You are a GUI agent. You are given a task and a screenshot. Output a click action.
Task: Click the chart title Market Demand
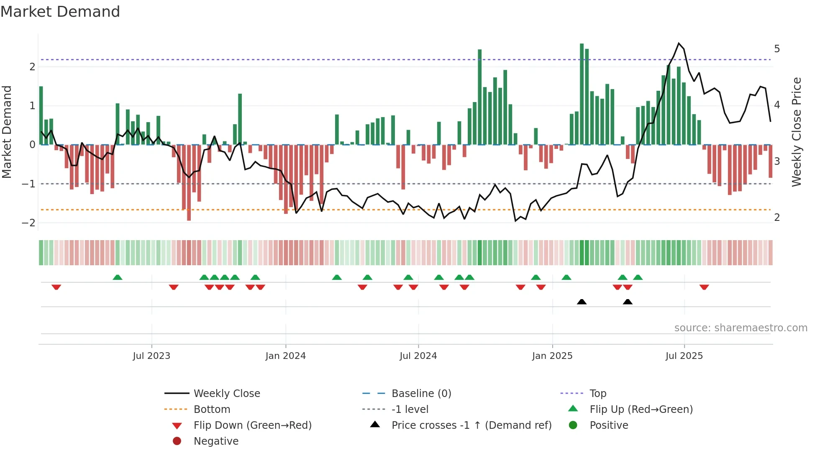(60, 12)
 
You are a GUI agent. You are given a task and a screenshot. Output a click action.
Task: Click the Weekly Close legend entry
(226, 393)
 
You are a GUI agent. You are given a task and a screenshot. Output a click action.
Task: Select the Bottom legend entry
(212, 409)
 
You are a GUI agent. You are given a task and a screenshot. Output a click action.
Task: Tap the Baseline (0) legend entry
(421, 393)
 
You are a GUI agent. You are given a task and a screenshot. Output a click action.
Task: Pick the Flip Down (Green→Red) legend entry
(252, 425)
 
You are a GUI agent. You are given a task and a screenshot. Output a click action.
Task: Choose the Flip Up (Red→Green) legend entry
(641, 409)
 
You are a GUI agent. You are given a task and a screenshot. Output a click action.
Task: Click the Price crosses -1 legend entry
(471, 425)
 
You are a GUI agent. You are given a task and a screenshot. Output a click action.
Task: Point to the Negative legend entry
(216, 441)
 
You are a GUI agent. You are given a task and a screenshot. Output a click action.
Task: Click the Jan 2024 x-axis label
(285, 356)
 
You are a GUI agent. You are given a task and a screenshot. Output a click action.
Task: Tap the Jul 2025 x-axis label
(684, 356)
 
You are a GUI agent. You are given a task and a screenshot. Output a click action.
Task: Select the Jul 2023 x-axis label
(151, 356)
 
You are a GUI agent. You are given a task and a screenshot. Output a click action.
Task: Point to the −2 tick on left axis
(29, 223)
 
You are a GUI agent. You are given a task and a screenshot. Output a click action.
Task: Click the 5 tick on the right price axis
(777, 49)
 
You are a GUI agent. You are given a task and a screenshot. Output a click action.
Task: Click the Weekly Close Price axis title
(797, 132)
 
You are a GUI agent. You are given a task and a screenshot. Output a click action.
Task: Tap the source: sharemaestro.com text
(741, 328)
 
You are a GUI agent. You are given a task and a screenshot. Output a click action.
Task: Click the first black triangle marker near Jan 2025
(582, 302)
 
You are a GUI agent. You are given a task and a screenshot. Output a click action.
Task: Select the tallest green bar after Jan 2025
(582, 94)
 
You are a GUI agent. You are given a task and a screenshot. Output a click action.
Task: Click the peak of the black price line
(679, 43)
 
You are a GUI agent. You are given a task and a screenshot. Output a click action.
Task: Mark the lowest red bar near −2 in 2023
(189, 183)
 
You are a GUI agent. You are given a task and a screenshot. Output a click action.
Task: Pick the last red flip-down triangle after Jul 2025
(704, 287)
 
